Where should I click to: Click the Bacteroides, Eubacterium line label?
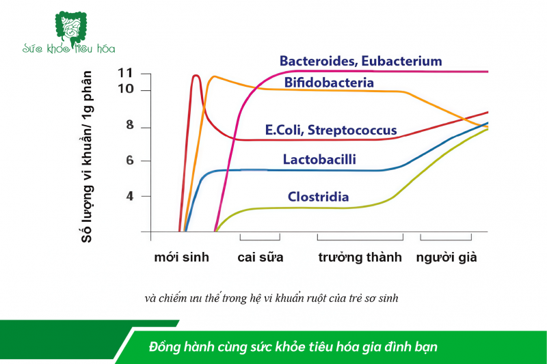(360, 61)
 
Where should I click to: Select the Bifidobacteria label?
(329, 83)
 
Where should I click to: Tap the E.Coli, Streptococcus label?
(331, 130)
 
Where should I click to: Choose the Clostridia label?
(318, 197)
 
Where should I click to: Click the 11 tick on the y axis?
(125, 73)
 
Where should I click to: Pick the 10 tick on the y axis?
(125, 90)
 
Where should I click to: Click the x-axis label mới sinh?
(181, 258)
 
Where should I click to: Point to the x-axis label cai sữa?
(260, 258)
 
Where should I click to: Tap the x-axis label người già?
(446, 258)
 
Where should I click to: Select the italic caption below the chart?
(272, 298)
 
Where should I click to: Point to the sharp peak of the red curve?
(196, 75)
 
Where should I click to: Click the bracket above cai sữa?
(260, 238)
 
